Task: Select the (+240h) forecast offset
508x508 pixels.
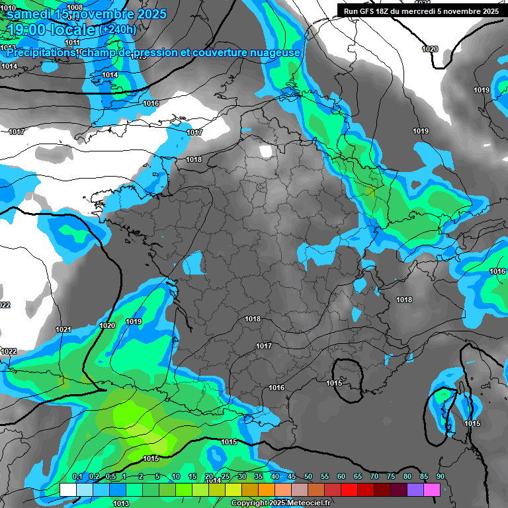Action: click(x=119, y=30)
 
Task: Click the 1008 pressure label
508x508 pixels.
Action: click(x=75, y=7)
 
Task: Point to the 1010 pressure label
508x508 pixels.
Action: click(x=8, y=8)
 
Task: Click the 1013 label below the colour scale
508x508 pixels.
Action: click(x=121, y=503)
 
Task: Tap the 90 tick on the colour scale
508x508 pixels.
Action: click(x=441, y=477)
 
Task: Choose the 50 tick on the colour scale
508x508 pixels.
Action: click(x=308, y=477)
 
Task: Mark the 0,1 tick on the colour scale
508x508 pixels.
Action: click(x=77, y=477)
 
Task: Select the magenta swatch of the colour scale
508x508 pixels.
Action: click(x=432, y=489)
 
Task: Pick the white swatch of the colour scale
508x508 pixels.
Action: click(x=67, y=489)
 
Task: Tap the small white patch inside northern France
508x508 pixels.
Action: click(x=265, y=151)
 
